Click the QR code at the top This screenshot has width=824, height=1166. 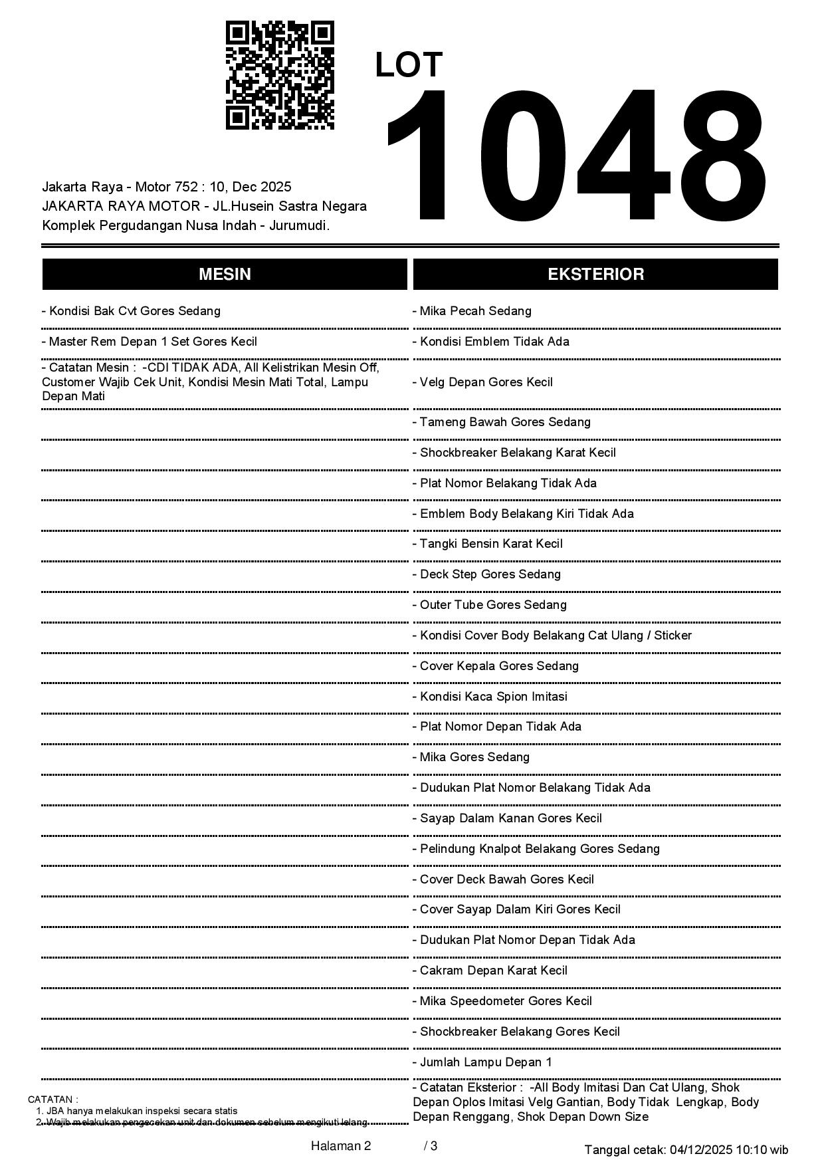tap(280, 75)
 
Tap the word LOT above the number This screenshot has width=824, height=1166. tap(409, 65)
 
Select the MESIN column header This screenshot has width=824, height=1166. tap(225, 275)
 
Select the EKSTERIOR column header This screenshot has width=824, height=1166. tap(595, 275)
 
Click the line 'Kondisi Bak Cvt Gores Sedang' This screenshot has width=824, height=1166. tap(131, 311)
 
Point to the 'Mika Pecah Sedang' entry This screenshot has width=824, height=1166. tap(472, 311)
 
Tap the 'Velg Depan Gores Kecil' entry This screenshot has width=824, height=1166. tap(482, 382)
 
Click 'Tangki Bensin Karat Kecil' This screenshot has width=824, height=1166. tap(487, 544)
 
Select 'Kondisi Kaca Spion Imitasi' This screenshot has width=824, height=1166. tap(490, 697)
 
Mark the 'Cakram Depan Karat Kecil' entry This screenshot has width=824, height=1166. tap(490, 971)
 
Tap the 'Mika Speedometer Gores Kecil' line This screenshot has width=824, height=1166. tap(502, 1001)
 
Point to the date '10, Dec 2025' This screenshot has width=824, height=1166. tap(250, 187)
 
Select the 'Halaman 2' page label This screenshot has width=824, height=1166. tap(340, 1145)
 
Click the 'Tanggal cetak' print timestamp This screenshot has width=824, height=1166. tap(686, 1149)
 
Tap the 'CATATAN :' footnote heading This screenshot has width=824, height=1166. tap(52, 1100)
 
